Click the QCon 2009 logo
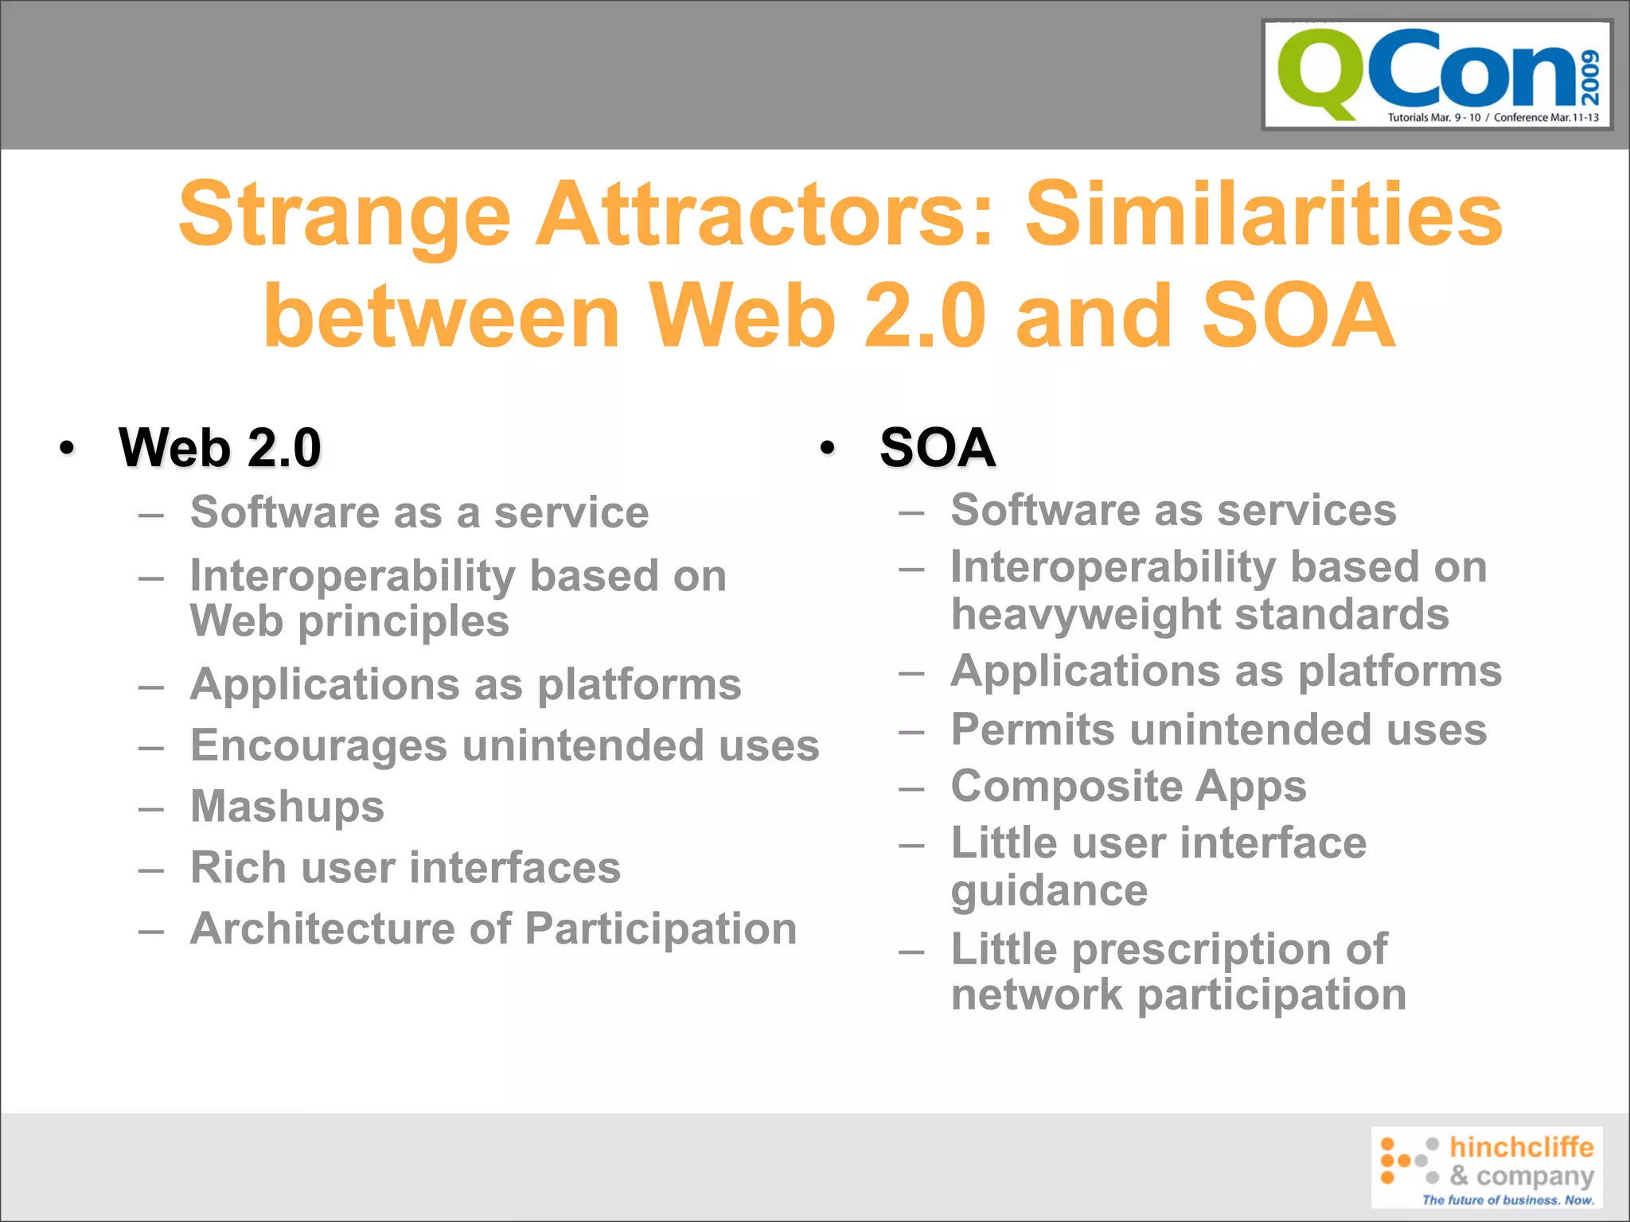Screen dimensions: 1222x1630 1437,75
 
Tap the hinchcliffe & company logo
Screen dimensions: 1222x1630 1487,1167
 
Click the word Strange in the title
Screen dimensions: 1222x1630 344,215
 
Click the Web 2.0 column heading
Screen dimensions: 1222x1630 220,447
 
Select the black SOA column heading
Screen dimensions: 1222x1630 937,447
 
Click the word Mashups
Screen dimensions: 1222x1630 287,807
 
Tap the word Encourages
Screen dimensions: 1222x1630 318,746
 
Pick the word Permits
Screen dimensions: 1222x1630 1032,730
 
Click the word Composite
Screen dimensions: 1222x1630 1066,787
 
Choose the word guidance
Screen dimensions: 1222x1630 1049,891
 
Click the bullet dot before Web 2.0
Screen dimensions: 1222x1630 68,448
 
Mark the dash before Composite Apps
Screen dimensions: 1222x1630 911,788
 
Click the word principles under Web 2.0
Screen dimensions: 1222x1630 404,622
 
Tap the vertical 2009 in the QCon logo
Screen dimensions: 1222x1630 1589,77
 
